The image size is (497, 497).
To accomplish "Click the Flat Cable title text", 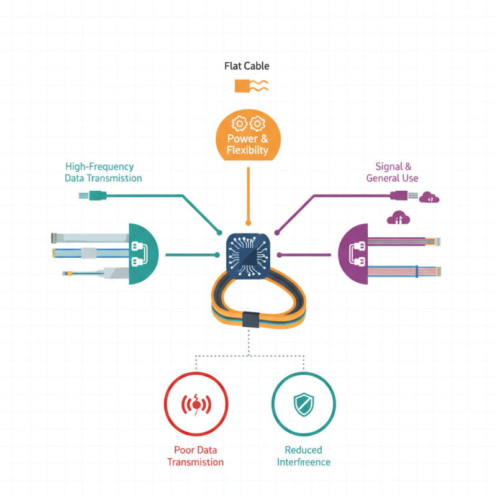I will click(247, 66).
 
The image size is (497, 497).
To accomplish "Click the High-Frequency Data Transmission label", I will click(103, 173).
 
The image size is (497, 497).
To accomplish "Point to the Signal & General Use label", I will click(392, 173).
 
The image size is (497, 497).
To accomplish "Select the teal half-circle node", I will click(142, 254).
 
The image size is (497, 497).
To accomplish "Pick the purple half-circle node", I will click(353, 254).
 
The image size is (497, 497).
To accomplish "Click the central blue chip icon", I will click(248, 254).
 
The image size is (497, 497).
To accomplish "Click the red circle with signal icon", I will click(196, 404).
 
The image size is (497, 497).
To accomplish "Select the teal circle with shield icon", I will click(304, 404).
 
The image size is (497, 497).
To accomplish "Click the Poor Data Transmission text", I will click(196, 456).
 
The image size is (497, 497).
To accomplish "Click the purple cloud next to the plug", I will click(429, 197).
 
